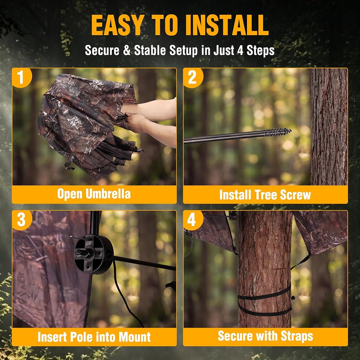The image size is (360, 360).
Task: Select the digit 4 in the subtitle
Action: [240, 50]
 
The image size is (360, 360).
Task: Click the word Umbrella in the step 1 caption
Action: [108, 194]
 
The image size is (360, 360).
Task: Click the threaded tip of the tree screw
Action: [278, 132]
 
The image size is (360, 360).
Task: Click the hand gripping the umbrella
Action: [135, 122]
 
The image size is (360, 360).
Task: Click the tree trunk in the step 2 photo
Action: [329, 127]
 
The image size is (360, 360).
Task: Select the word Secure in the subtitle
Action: [102, 50]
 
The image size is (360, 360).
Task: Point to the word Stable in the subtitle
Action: [150, 50]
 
